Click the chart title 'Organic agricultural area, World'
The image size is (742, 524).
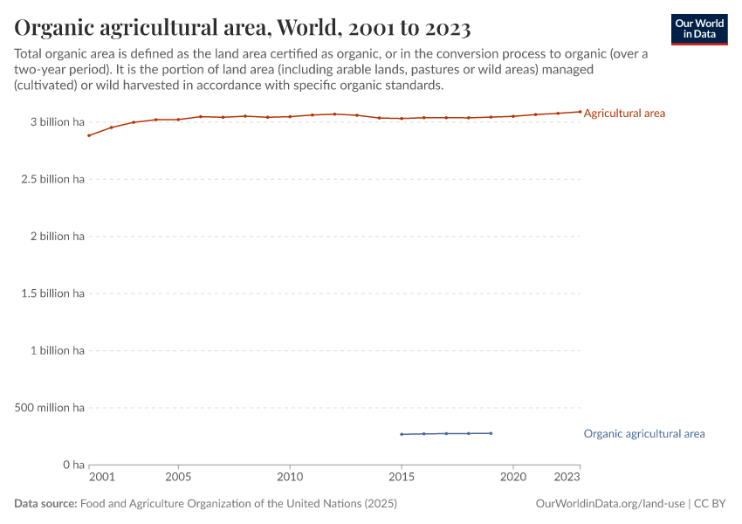pos(243,28)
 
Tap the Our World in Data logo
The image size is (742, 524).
pos(698,29)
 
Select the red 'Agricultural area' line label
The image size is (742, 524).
pos(624,114)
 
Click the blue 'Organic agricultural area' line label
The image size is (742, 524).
pos(643,433)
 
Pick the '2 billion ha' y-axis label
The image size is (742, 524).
pos(55,237)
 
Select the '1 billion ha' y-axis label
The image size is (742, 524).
pos(55,350)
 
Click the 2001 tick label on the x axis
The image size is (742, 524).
pos(101,478)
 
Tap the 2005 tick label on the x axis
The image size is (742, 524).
pos(178,478)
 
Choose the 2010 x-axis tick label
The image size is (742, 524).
pos(290,478)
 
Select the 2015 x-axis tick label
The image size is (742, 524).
pos(402,478)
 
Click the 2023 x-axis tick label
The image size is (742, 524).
pos(567,478)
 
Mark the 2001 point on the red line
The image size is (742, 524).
pos(89,135)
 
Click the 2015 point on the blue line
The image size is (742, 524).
pos(402,434)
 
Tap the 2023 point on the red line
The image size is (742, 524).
pos(580,112)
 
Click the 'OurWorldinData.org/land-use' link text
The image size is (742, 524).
pos(610,504)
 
